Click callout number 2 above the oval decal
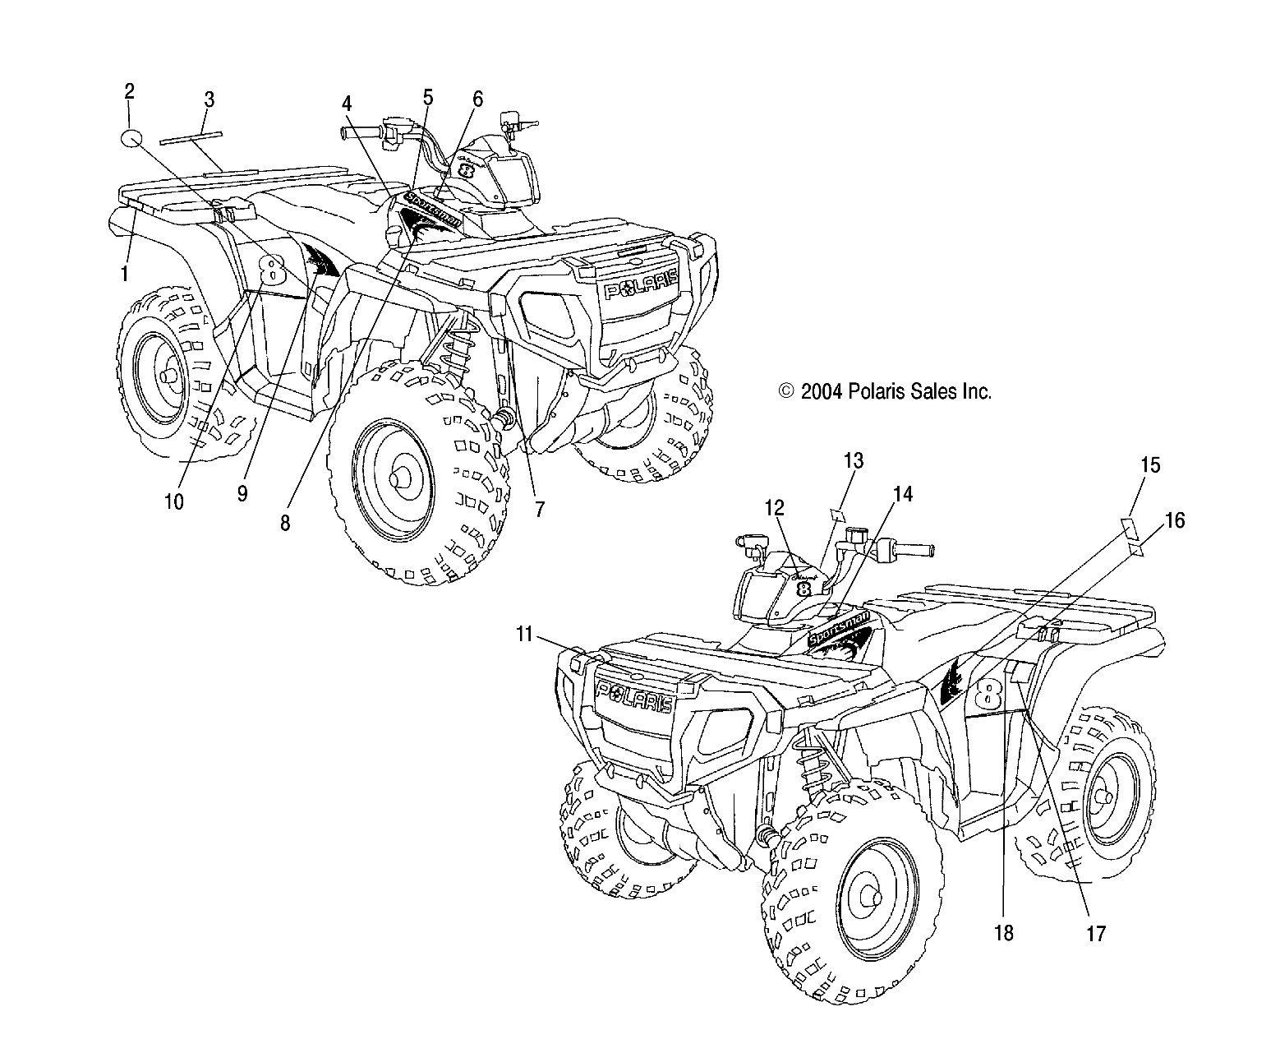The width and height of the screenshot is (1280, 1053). [x=129, y=91]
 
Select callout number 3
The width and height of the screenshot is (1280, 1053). [x=209, y=100]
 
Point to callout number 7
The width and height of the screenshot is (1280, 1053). [x=539, y=509]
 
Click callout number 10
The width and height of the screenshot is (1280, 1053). [x=174, y=501]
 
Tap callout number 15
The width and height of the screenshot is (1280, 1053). [x=1150, y=465]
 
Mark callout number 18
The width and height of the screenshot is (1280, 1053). [x=1004, y=933]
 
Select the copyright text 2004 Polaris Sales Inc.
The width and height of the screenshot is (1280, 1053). [x=885, y=392]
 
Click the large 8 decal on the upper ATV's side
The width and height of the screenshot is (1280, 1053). [x=271, y=268]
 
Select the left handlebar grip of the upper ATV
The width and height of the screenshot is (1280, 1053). [x=359, y=132]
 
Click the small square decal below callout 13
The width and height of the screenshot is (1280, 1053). [x=836, y=515]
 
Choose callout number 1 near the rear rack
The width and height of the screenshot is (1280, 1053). [x=124, y=274]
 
